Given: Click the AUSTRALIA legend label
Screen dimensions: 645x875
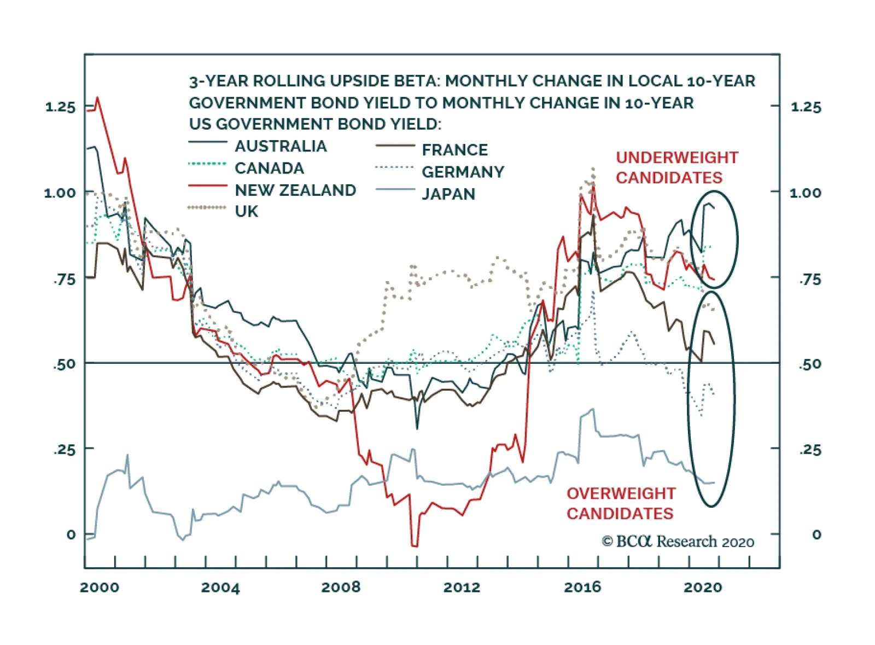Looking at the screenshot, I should click(281, 146).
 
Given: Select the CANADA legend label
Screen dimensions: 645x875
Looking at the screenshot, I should click(269, 168).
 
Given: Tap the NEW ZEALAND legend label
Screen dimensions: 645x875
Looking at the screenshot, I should click(295, 190).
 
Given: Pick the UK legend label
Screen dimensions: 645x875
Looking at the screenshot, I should click(246, 211).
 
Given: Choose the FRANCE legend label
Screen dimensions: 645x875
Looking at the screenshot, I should click(454, 149).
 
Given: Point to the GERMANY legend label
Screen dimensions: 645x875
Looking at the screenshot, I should click(463, 172).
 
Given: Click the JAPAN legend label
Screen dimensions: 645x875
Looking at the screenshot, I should click(448, 194).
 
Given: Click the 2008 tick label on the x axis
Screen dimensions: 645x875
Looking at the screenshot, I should click(341, 587).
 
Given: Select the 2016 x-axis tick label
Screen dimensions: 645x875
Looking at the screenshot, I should click(582, 587).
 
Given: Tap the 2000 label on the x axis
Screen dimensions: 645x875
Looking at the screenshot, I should click(100, 587).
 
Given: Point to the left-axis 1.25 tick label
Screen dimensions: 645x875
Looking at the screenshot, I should click(60, 107).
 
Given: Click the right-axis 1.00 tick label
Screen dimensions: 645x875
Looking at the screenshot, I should click(805, 193).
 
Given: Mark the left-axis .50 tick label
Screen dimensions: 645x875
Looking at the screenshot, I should click(64, 364).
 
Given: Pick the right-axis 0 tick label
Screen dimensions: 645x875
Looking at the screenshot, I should click(816, 534).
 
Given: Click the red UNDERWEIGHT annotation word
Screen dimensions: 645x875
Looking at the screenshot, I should click(677, 158).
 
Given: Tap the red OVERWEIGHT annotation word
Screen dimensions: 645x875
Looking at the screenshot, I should click(621, 493).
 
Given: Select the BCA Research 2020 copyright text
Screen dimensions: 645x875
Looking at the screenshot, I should click(678, 542).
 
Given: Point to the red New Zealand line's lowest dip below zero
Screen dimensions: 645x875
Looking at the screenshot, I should click(414, 545).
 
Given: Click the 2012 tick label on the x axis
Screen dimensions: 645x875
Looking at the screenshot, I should click(462, 587).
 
